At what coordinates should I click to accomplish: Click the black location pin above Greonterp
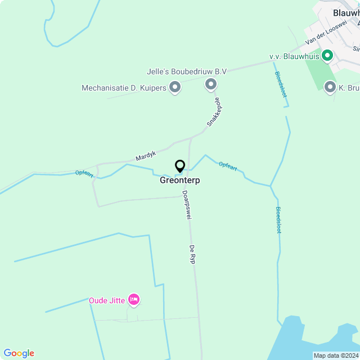pos(180,166)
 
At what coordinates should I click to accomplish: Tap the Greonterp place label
pos(180,181)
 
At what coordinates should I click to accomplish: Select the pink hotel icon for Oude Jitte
pos(133,300)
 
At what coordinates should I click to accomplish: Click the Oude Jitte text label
pos(107,300)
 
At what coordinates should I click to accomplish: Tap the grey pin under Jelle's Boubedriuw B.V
pos(211,85)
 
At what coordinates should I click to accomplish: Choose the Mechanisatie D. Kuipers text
pos(124,88)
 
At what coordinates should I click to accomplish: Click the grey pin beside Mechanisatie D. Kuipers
pos(175,87)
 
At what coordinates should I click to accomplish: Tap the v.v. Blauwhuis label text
pos(294,56)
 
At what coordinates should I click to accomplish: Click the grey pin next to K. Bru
pos(331,87)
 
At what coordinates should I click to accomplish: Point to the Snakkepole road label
pos(213,112)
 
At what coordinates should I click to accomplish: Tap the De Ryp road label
pos(192,254)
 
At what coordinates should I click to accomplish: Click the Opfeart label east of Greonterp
pos(228,165)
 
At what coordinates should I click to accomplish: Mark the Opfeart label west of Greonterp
pos(84,173)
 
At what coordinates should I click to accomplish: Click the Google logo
pos(19,353)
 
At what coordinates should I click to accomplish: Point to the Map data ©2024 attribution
pos(335,355)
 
